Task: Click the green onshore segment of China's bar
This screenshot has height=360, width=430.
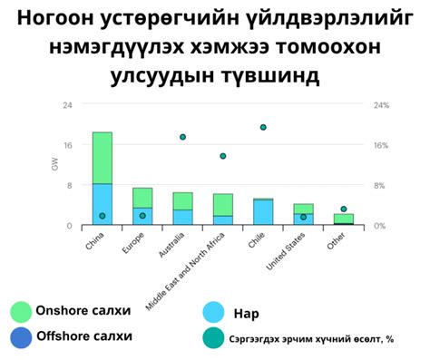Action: [102, 158]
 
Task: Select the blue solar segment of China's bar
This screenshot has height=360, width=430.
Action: [102, 204]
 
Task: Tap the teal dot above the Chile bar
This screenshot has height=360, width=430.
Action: [263, 128]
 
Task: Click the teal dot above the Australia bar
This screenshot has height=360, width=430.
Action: [182, 137]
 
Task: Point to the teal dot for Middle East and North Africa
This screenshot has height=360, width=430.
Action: [222, 156]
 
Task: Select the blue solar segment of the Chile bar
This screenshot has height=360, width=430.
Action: [263, 212]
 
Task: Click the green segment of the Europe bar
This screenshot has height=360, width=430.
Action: [142, 198]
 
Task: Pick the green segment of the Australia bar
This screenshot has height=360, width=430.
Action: [182, 200]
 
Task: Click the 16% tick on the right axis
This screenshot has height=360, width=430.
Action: [382, 145]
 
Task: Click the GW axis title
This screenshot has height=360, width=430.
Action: [54, 165]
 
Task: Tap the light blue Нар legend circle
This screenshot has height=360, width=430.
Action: [214, 314]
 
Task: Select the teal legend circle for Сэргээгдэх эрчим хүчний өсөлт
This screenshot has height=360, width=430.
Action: [214, 338]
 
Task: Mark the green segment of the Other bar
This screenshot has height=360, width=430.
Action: [343, 219]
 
